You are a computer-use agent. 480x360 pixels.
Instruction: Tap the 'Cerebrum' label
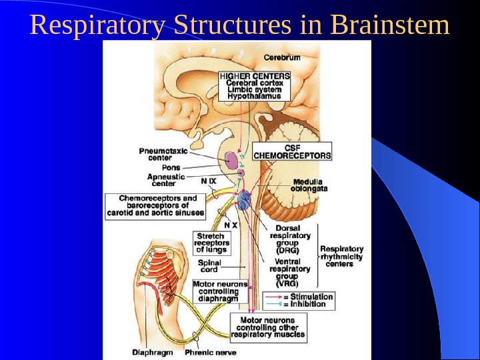click(x=282, y=57)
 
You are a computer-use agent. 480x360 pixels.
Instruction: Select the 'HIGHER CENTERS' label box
click(x=255, y=86)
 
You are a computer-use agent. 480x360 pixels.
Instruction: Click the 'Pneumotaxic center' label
click(x=163, y=155)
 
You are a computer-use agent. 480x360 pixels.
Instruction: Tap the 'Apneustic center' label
click(x=166, y=180)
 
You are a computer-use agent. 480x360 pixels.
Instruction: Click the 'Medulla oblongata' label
click(x=308, y=185)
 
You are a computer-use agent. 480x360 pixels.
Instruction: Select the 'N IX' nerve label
click(x=209, y=180)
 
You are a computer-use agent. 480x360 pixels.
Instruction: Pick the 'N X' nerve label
click(x=231, y=225)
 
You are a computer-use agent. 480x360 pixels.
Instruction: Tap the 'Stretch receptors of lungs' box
click(x=212, y=243)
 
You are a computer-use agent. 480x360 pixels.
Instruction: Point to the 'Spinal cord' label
click(x=209, y=267)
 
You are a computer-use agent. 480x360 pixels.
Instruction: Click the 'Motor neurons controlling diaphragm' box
click(x=220, y=291)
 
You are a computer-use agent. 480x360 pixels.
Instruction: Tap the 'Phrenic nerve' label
click(x=211, y=352)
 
